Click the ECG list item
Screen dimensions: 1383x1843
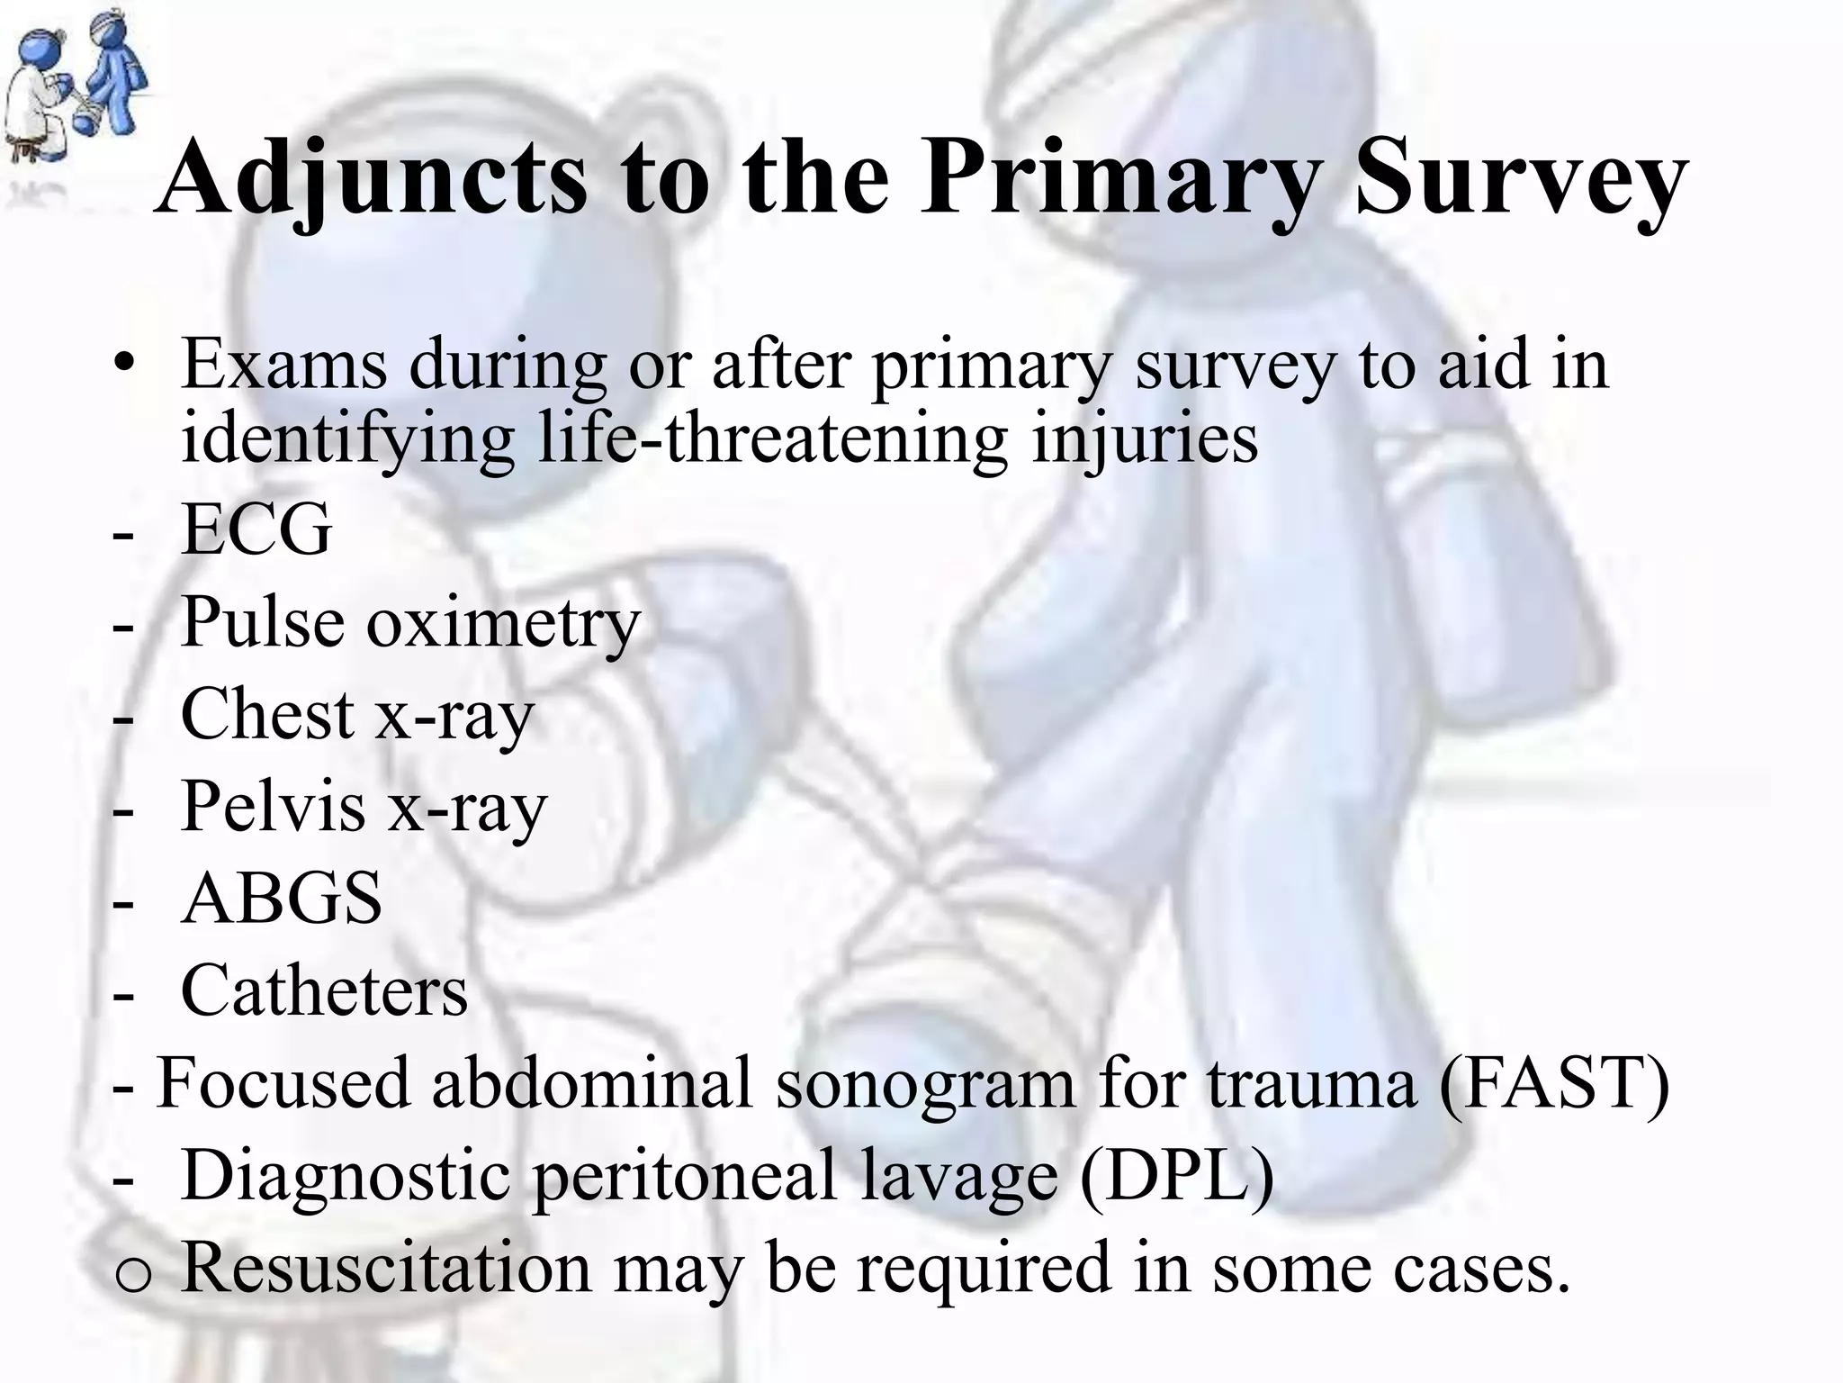[x=256, y=529]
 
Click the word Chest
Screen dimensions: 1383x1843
[x=267, y=714]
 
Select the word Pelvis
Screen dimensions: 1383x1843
[x=273, y=806]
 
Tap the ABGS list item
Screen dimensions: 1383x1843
[x=281, y=899]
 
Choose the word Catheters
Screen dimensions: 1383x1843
[x=324, y=990]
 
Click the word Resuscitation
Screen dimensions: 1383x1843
[x=386, y=1267]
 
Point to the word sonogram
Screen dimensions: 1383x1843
[x=926, y=1083]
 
